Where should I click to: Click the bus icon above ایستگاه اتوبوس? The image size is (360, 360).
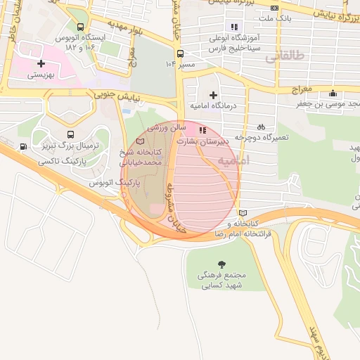point(80,27)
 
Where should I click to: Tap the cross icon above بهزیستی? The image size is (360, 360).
point(41,63)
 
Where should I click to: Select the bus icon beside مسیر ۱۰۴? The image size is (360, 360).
point(181,53)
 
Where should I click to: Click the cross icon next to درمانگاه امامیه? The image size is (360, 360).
point(213,95)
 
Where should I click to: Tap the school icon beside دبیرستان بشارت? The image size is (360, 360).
point(203,130)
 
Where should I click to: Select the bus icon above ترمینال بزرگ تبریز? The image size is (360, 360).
point(70,134)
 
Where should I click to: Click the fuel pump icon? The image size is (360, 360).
point(25,147)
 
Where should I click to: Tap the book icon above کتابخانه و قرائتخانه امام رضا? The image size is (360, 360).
point(243,213)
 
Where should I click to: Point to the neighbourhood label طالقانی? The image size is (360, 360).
point(284,58)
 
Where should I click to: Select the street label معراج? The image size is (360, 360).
point(302,89)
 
